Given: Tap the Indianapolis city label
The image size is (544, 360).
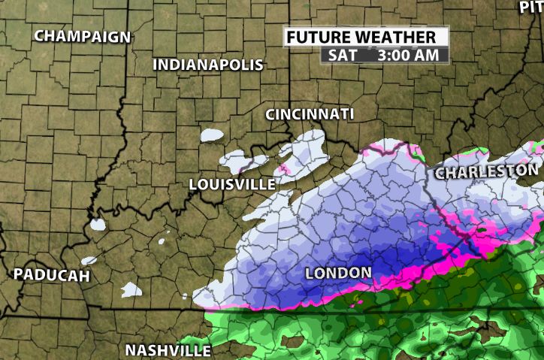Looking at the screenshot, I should click(208, 65).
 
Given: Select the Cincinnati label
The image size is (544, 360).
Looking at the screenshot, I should click(310, 114).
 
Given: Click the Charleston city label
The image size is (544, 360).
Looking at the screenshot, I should click(486, 172).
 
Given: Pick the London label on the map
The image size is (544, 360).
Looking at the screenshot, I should click(338, 272).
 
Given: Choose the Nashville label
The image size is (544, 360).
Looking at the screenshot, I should click(168, 350).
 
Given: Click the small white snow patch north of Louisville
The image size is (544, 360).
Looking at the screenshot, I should click(213, 135).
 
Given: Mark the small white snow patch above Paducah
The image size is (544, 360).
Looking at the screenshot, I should click(97, 224).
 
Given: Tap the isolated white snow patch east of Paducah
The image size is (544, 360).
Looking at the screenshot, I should click(131, 289).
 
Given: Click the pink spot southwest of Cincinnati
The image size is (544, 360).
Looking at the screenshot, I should click(284, 168).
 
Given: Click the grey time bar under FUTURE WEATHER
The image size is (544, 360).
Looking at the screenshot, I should click(384, 55).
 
